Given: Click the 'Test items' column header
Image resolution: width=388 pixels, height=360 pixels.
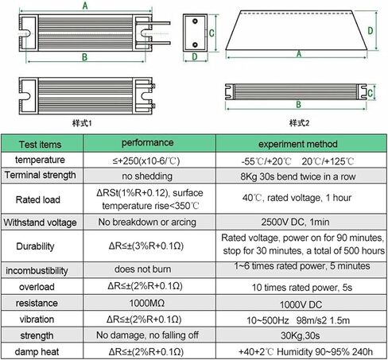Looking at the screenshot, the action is [40, 145].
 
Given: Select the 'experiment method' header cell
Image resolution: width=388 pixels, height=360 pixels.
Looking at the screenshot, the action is [298, 144].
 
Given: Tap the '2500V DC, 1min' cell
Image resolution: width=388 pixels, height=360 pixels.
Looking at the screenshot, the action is [295, 222].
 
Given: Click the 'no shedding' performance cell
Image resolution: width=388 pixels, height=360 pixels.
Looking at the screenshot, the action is [147, 176].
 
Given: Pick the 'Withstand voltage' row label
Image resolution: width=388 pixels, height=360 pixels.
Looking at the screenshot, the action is [40, 223].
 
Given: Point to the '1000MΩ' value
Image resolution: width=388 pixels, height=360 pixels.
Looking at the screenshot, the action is [147, 303].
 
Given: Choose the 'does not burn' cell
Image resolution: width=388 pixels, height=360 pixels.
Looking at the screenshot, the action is [142, 269].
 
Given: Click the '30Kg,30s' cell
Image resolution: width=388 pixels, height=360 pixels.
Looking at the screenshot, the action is [300, 335].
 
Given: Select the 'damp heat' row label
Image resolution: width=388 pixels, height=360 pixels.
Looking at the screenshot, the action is [37, 352].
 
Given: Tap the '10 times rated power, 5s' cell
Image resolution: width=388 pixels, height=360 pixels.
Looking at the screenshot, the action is [302, 288].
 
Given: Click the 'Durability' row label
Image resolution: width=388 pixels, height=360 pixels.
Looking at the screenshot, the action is [35, 246].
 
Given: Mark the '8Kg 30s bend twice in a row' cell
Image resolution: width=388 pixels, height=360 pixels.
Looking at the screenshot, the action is [298, 176].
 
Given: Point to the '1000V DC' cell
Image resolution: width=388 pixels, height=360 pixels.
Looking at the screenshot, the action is [301, 304].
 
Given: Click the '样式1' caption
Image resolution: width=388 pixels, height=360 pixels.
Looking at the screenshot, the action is [82, 123].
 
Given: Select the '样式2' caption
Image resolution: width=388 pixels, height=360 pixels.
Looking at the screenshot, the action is [299, 123].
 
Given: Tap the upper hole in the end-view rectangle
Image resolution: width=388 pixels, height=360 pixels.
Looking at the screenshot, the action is [195, 21].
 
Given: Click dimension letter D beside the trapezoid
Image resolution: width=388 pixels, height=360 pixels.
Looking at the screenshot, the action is [371, 31].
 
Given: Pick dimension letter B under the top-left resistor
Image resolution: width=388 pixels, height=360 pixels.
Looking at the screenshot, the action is [84, 57].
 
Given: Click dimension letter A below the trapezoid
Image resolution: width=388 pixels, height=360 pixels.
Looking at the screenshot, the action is [299, 54].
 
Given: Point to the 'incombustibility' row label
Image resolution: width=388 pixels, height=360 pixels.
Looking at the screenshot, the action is [37, 271].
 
